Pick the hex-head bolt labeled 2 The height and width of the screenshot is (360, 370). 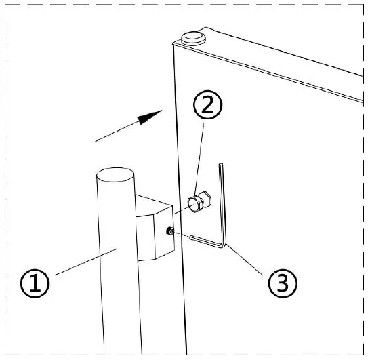[x=199, y=203]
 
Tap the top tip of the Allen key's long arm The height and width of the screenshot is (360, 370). [x=221, y=164]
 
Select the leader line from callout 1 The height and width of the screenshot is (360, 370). [x=81, y=263]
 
